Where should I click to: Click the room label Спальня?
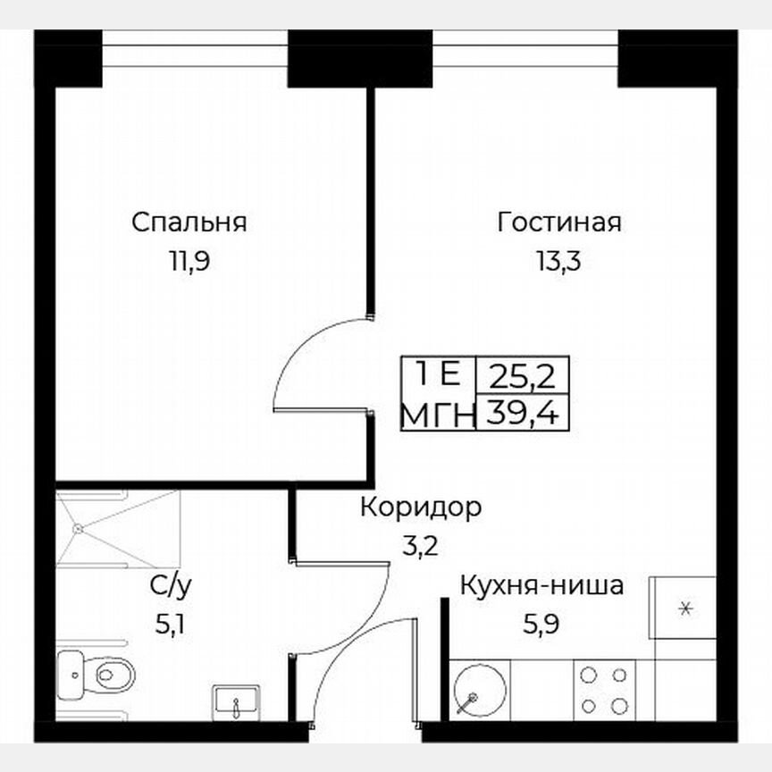coord(189,222)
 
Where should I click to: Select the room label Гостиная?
coord(559,222)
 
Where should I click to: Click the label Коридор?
coord(421,508)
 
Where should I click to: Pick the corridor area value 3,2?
coord(421,546)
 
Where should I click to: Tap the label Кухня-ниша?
coord(541,587)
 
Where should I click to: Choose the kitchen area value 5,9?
coord(541,625)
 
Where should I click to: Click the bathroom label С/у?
coord(170,586)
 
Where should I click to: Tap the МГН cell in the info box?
coord(437,414)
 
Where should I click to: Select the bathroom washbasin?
coord(235,701)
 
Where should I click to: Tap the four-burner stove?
coord(604,691)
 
